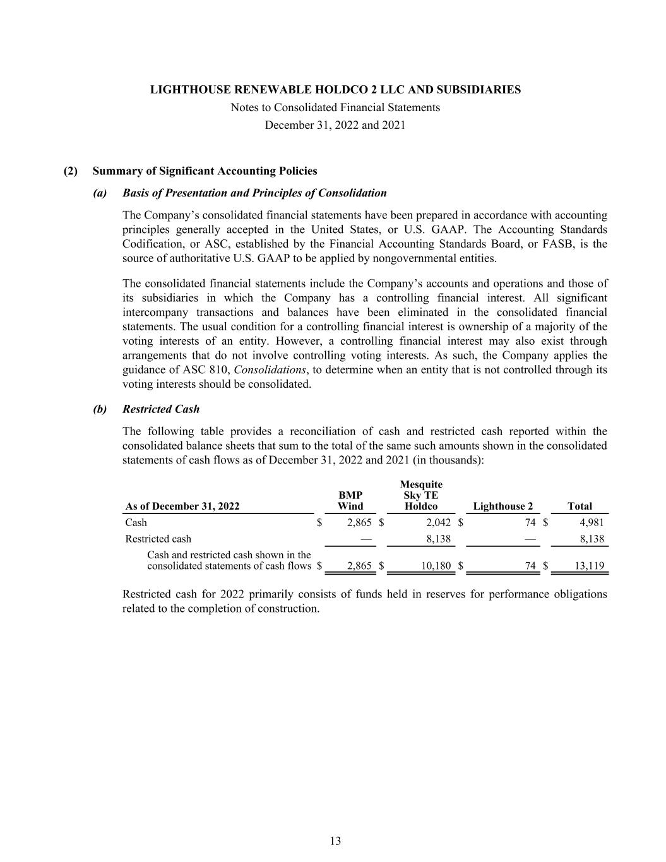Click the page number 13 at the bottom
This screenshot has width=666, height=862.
(x=335, y=841)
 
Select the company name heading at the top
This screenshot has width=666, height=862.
(x=335, y=90)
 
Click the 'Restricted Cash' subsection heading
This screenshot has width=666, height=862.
(x=161, y=409)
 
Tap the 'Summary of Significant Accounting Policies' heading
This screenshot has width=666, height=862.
(x=205, y=171)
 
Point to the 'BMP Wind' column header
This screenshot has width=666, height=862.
(x=350, y=501)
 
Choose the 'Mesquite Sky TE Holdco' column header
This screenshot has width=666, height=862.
(x=421, y=495)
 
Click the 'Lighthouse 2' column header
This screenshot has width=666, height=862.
(x=502, y=506)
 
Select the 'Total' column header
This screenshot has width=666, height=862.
(x=580, y=506)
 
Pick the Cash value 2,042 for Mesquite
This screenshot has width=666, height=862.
(x=438, y=522)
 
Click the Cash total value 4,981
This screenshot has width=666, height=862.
(x=592, y=522)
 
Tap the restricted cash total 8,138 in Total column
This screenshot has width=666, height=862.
(x=592, y=539)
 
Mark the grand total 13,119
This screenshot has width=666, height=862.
(x=589, y=566)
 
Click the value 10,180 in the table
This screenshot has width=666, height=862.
(x=436, y=566)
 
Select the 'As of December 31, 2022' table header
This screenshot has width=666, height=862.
(x=182, y=506)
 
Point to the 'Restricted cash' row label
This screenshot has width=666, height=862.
(x=158, y=539)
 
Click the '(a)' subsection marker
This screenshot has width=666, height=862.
(x=100, y=193)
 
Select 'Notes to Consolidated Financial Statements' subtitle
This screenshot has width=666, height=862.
(x=335, y=107)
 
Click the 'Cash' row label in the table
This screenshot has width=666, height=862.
(x=136, y=522)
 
